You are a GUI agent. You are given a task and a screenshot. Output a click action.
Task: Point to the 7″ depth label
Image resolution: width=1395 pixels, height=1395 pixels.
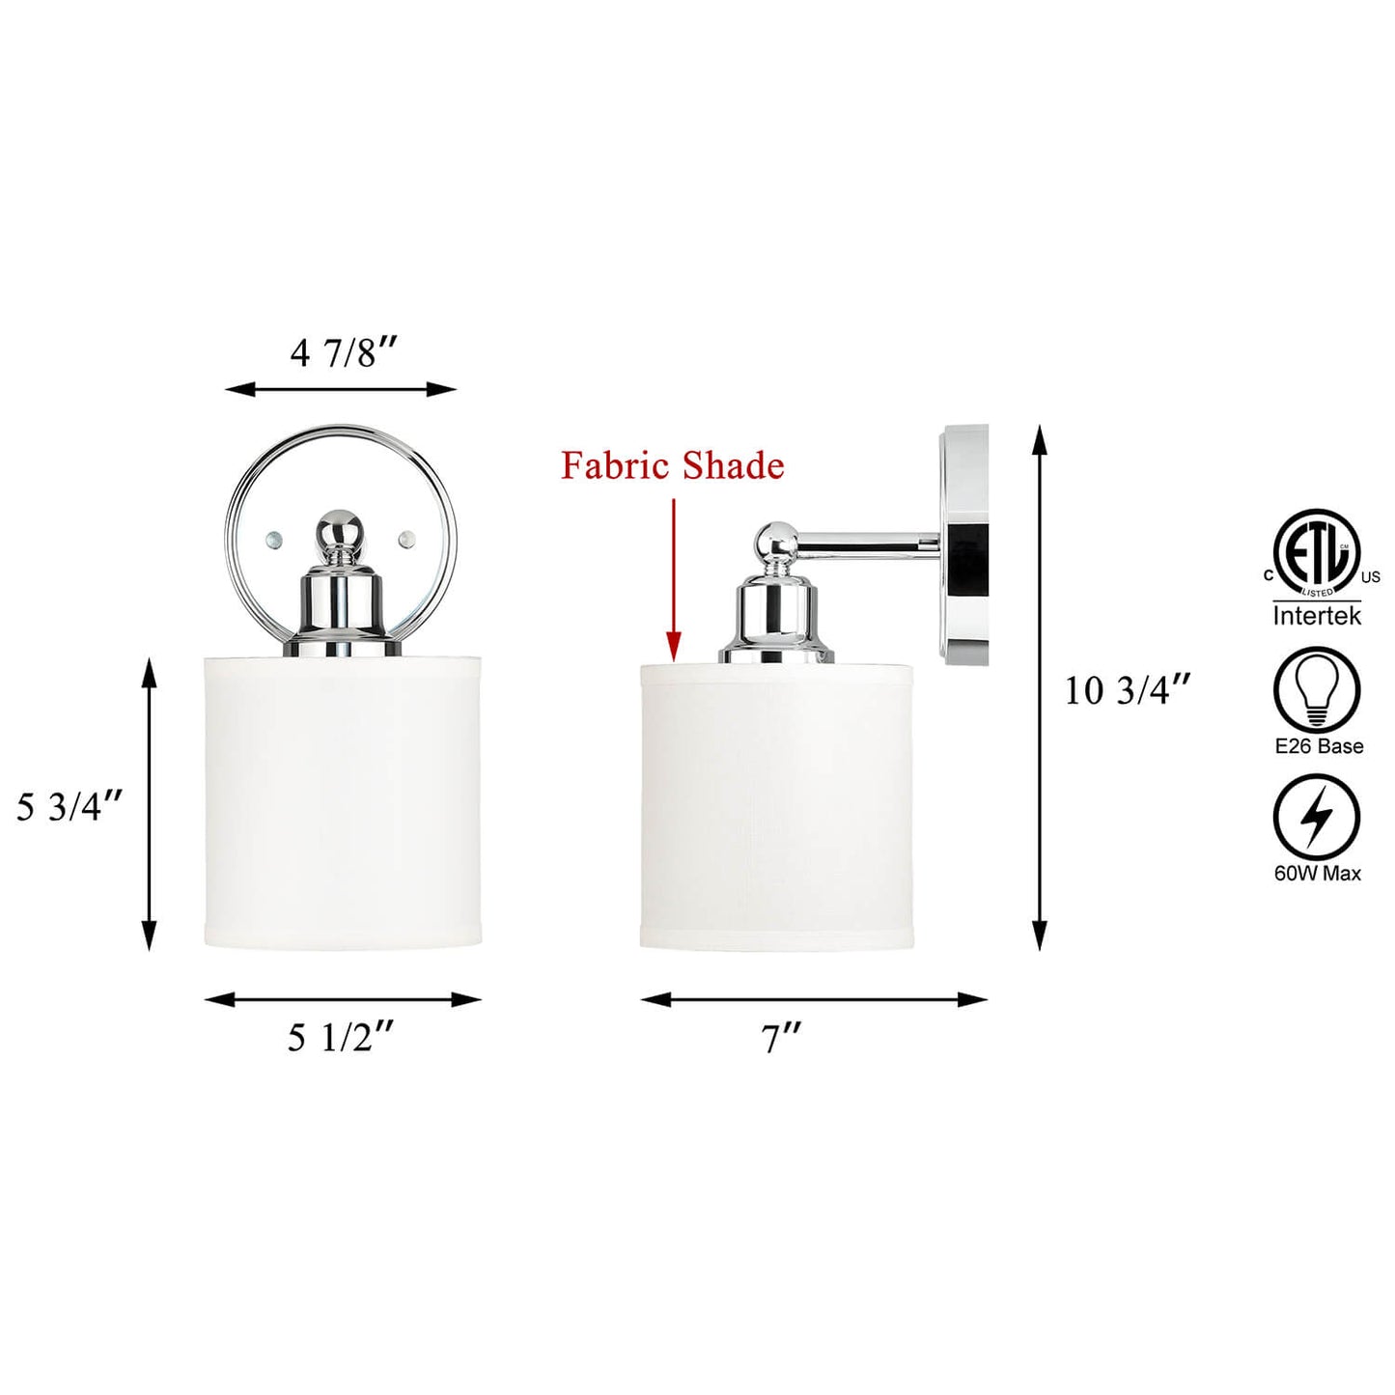(781, 1041)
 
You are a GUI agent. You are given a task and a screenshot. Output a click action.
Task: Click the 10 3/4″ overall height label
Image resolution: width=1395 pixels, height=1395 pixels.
(1128, 690)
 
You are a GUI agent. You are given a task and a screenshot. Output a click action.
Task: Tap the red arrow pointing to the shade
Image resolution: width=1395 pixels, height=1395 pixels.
(674, 580)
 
